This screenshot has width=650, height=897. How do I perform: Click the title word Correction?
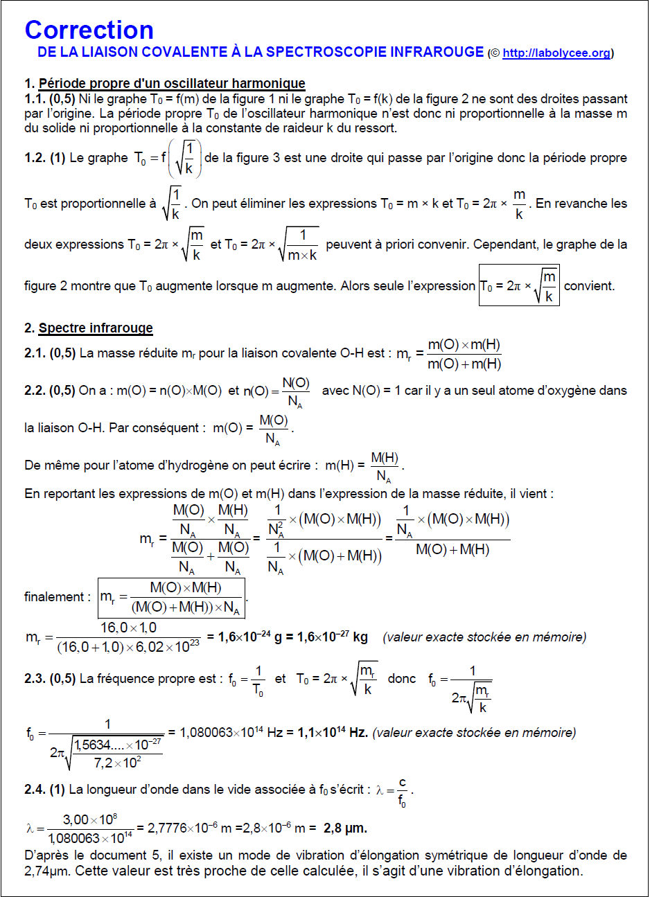coord(89,30)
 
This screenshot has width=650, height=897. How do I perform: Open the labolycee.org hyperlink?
coord(556,53)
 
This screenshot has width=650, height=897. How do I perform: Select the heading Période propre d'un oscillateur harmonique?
coord(172,84)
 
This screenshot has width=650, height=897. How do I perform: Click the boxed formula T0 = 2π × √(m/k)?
coord(519,285)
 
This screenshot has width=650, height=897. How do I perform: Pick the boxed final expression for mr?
coord(171,597)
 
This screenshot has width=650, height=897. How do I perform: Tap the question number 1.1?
coord(35,99)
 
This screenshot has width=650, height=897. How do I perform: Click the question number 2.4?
coord(35,790)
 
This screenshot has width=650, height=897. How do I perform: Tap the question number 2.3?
coord(35,679)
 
